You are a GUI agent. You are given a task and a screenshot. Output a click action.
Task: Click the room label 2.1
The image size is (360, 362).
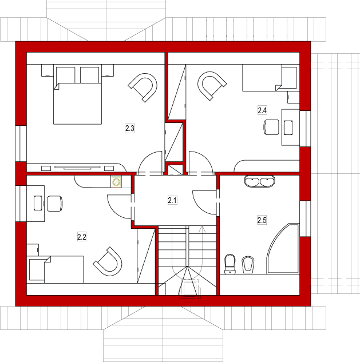click(172, 200)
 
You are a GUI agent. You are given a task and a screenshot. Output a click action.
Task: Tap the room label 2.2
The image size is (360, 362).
click(82, 237)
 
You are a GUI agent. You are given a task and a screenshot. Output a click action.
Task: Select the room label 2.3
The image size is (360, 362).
click(129, 128)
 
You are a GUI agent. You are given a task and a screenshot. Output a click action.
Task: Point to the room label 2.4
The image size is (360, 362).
click(262, 110)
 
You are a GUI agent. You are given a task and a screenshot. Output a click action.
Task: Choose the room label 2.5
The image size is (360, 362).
click(262, 220)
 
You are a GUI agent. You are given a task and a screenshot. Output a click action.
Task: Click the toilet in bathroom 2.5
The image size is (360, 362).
click(230, 264)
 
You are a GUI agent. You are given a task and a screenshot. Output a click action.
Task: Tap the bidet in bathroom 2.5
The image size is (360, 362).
click(248, 265)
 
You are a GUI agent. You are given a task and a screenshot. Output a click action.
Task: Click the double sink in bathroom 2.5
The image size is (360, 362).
click(260, 181)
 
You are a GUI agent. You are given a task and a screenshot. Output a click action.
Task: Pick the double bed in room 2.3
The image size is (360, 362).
click(78, 96)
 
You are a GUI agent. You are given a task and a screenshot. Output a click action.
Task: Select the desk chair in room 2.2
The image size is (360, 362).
click(55, 204)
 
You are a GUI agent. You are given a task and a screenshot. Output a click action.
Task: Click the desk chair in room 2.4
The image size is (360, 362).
click(271, 127)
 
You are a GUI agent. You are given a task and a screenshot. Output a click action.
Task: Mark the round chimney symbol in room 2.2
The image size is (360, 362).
click(116, 182)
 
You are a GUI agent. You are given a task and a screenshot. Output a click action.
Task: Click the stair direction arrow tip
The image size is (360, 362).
click(202, 226)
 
